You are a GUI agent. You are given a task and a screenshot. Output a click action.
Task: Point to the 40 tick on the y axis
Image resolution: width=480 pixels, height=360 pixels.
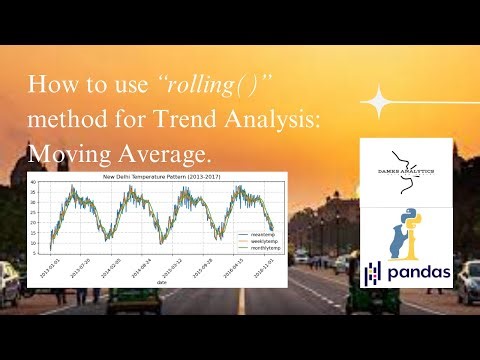[x=33, y=183]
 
